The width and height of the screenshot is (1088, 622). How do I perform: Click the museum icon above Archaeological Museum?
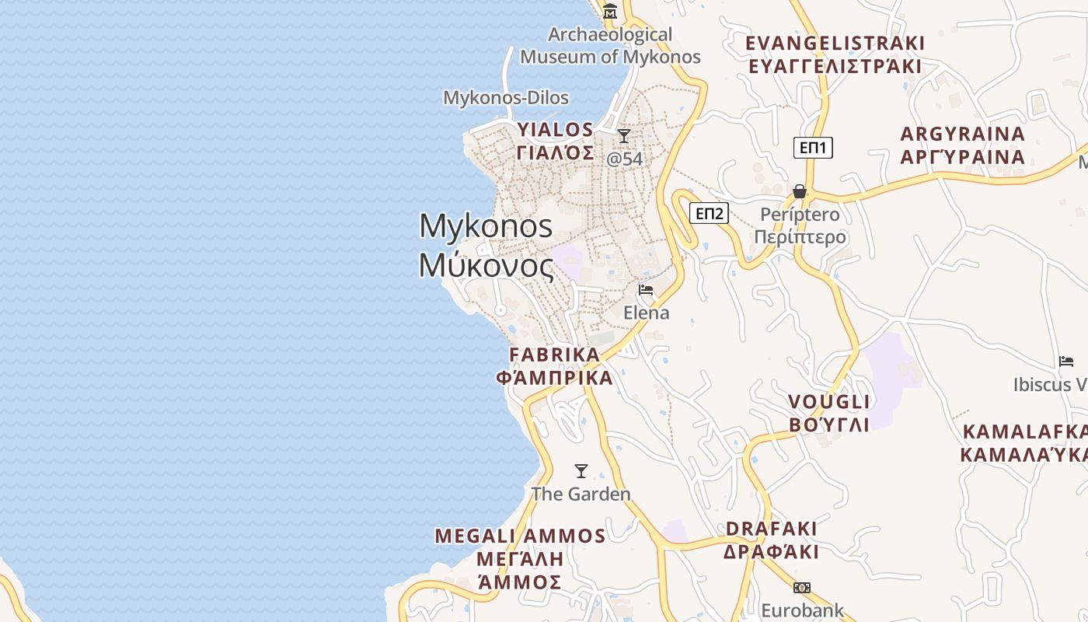coord(610,12)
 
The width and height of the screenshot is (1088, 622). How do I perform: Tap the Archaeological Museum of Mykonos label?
coord(610,45)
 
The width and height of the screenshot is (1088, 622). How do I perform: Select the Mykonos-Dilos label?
coord(506,98)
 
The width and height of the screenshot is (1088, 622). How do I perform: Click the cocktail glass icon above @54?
coord(623,136)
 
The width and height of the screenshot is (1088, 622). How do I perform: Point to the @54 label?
coord(625,159)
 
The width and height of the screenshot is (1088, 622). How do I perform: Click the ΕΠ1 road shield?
coord(813,148)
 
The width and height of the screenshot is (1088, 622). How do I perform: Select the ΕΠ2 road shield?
coord(709,213)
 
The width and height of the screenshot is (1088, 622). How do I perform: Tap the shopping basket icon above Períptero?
coord(799,191)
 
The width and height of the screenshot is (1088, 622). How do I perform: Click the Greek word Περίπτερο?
coord(800,236)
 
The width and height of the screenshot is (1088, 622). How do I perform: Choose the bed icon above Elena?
coord(646,290)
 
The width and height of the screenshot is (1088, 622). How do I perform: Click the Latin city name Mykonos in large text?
coord(486,226)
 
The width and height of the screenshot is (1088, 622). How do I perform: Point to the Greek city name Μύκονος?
coord(486,266)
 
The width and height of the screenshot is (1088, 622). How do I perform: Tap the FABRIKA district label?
coord(554,355)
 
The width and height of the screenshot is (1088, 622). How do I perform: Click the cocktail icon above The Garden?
coord(581,470)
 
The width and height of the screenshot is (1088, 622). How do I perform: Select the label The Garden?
coord(581,494)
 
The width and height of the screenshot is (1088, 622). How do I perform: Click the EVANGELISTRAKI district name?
coord(835,43)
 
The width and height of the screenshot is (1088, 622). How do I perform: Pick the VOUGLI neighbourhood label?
coord(829,402)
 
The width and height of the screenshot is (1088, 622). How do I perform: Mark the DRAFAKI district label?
coord(772,529)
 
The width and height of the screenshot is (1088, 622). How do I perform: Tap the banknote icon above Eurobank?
coord(802,588)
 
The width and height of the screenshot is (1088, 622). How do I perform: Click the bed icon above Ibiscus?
coord(1066,362)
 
